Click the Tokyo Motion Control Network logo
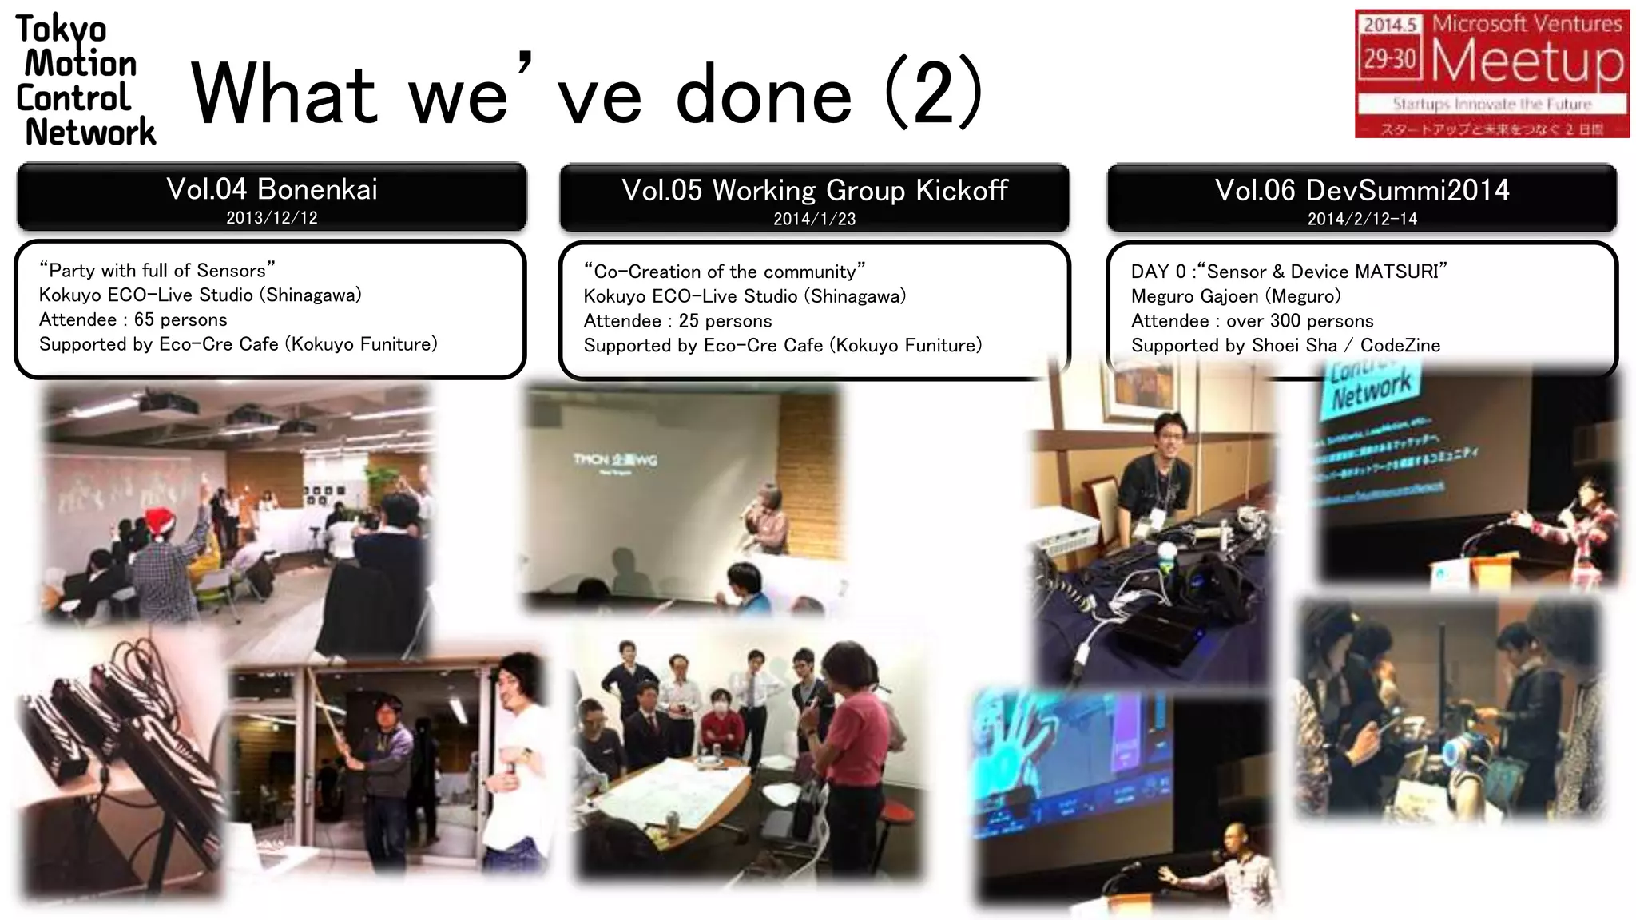(84, 80)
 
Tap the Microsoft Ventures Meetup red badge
(1491, 73)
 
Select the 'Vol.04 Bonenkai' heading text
(272, 189)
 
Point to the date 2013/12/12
(272, 218)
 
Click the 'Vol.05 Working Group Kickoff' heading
(815, 191)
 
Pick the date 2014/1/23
(814, 219)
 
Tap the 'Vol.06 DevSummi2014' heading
(1362, 191)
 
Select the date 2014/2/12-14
(1362, 219)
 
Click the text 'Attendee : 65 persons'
(133, 320)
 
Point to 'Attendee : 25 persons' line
(677, 321)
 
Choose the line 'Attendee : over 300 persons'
(1252, 321)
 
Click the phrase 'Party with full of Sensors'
(157, 271)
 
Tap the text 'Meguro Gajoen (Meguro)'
(1236, 296)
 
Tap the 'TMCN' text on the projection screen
(591, 459)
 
